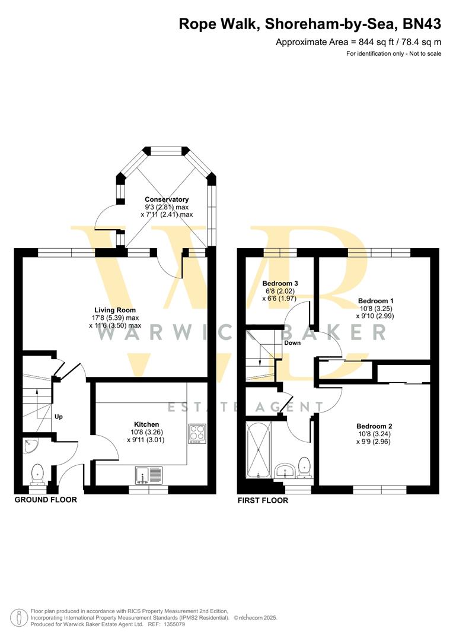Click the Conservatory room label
(167, 199)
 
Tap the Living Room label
(115, 310)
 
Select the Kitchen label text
(146, 424)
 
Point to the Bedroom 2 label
(374, 426)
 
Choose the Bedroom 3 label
(279, 284)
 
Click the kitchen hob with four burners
(197, 434)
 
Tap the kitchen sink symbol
(149, 474)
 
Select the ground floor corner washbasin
(30, 446)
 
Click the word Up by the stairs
(59, 417)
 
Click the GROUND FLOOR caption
(46, 500)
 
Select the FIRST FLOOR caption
(263, 500)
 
